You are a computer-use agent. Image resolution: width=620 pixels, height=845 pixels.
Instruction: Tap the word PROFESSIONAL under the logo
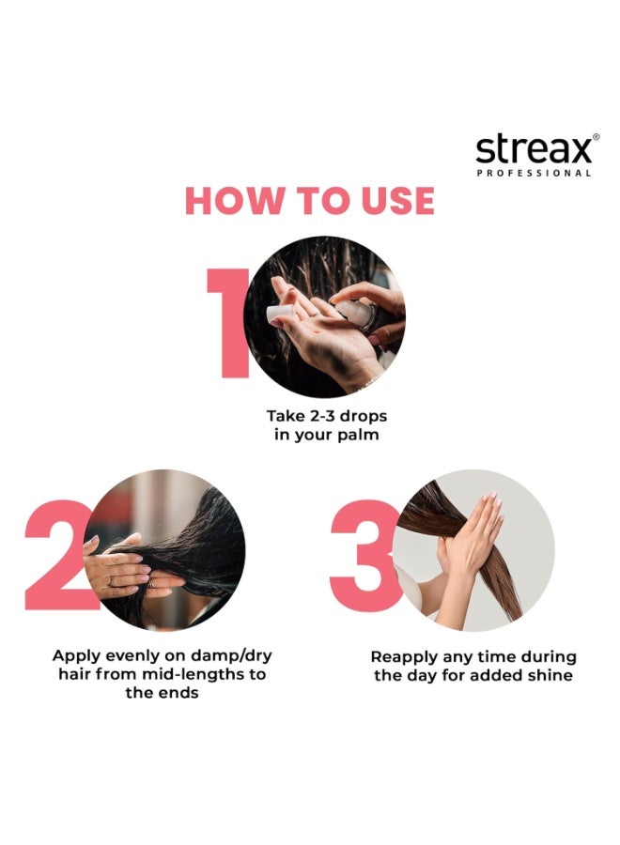[x=534, y=173]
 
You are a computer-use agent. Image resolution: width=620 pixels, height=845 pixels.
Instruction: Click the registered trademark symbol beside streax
[x=596, y=137]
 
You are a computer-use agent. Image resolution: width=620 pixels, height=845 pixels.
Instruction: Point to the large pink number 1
[x=229, y=323]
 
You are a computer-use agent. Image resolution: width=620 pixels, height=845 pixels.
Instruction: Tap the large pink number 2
[x=58, y=555]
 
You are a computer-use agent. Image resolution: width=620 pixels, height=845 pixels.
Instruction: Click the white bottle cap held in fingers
[x=280, y=315]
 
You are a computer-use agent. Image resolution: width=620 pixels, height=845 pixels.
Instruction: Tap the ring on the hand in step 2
[x=111, y=581]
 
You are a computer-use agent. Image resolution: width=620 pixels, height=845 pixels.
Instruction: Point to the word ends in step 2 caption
[x=179, y=693]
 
